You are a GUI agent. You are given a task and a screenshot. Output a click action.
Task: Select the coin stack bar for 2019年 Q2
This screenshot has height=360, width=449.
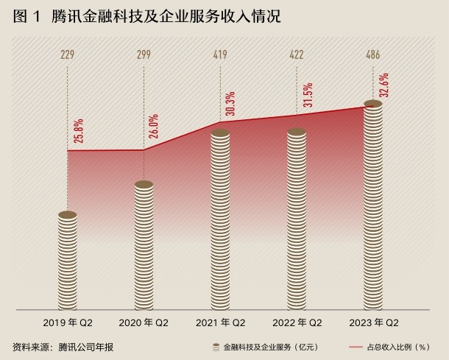68,261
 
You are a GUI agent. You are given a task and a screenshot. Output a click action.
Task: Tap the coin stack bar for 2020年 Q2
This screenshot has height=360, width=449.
144,246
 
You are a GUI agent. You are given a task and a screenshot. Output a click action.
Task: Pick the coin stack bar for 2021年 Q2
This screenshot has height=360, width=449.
221,220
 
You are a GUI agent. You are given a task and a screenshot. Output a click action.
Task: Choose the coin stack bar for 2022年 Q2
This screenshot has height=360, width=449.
297,219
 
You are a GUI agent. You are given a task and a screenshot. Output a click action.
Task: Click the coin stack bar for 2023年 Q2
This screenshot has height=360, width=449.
373,206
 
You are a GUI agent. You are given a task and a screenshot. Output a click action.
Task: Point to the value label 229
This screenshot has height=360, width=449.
68,54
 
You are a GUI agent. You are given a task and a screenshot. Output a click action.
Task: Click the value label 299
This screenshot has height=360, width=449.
144,54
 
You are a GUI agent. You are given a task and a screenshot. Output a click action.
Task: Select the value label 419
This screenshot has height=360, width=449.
221,54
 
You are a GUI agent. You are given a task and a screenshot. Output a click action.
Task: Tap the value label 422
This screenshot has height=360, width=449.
297,54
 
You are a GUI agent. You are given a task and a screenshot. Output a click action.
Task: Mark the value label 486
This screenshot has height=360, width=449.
373,54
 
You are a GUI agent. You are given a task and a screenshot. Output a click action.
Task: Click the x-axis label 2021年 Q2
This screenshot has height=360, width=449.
221,322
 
